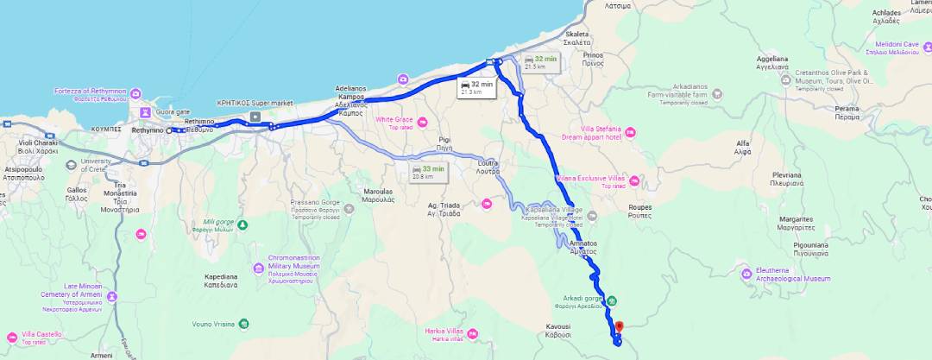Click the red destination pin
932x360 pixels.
tap(618, 328)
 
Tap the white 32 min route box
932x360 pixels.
tap(476, 86)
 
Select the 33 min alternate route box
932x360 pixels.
tap(429, 172)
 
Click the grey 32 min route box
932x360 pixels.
tap(541, 61)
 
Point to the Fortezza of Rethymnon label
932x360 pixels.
tap(90, 94)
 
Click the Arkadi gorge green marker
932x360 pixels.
tap(611, 301)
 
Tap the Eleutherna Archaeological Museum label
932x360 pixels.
tap(787, 275)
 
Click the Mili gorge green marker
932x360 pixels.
tap(242, 225)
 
